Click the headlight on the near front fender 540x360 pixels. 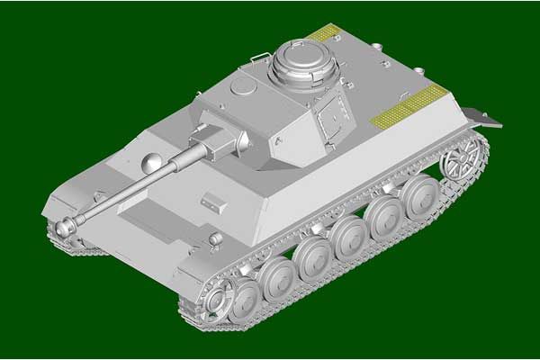point(213,238)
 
